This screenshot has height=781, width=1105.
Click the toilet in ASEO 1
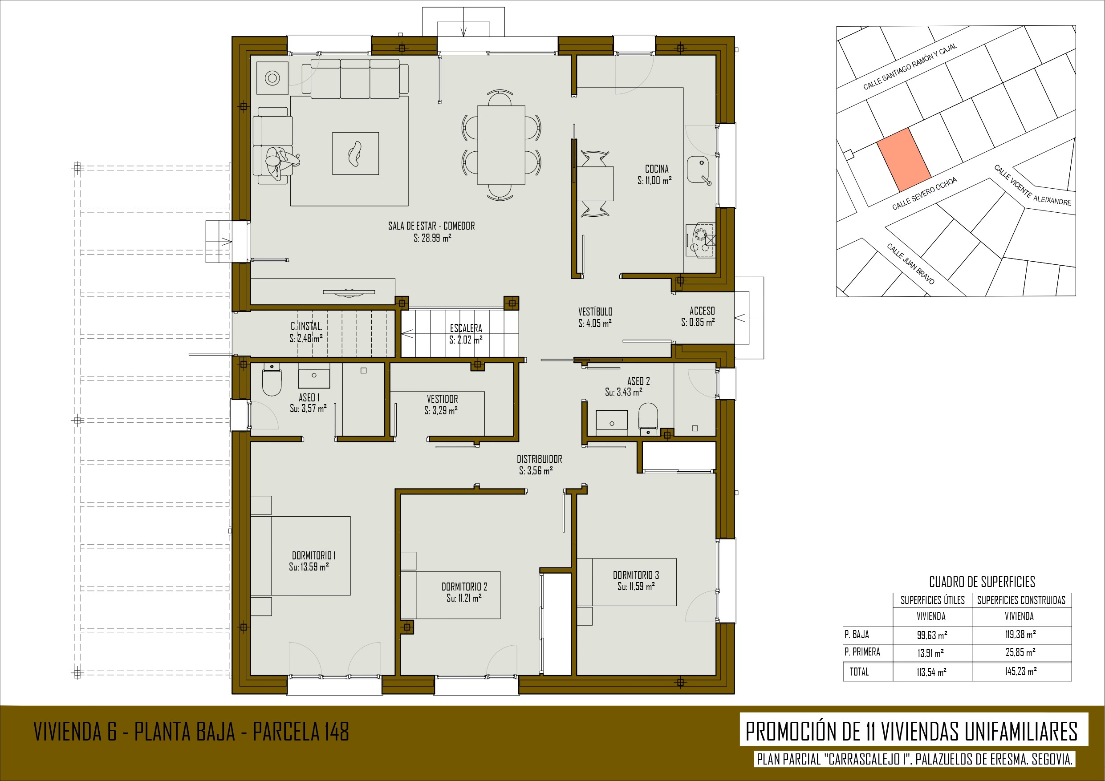click(272, 380)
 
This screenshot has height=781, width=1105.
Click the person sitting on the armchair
click(280, 162)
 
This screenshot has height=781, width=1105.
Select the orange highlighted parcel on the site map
click(903, 160)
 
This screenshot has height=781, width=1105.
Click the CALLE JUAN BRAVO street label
click(910, 264)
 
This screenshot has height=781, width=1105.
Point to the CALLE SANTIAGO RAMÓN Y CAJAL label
click(910, 66)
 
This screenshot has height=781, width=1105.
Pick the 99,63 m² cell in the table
click(932, 635)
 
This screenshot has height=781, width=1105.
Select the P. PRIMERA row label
click(862, 652)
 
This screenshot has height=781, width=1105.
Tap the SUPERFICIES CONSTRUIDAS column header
click(1021, 600)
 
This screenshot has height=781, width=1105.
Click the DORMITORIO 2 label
click(464, 587)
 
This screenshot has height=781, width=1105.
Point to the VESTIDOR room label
click(442, 399)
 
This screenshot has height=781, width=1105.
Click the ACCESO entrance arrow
click(742, 318)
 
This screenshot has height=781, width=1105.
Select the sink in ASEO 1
click(314, 376)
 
